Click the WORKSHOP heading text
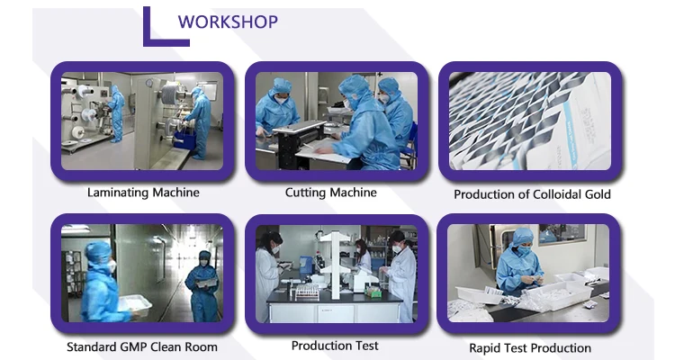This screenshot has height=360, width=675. tap(229, 22)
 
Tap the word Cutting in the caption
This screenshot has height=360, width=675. tap(303, 193)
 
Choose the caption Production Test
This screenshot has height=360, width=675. tap(335, 346)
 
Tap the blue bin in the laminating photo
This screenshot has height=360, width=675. tap(184, 139)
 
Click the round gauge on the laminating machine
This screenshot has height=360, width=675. tap(148, 83)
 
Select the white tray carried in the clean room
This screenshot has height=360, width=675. tap(135, 305)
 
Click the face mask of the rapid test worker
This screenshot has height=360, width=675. tap(522, 250)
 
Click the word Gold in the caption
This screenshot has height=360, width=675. tap(598, 194)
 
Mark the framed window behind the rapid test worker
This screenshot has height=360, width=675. tap(562, 234)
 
